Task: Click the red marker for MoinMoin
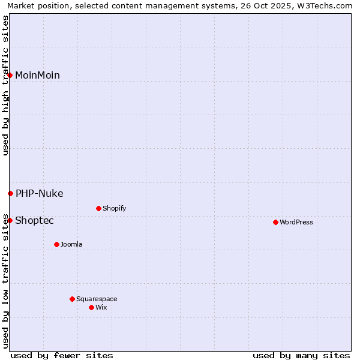(10, 75)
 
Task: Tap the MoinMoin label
(37, 75)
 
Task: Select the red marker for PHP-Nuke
(10, 193)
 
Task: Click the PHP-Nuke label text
(39, 193)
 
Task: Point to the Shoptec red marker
(10, 220)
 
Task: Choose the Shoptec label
(34, 220)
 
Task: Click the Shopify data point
(98, 208)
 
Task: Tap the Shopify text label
(114, 208)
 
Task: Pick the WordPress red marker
(275, 222)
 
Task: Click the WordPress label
(296, 222)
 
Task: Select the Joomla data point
(56, 244)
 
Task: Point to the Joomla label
(71, 244)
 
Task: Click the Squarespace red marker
(72, 299)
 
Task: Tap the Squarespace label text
(97, 299)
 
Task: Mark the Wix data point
(91, 307)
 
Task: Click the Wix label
(101, 307)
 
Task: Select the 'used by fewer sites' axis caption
(62, 355)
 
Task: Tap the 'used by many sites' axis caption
(301, 355)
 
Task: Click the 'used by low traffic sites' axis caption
(6, 281)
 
